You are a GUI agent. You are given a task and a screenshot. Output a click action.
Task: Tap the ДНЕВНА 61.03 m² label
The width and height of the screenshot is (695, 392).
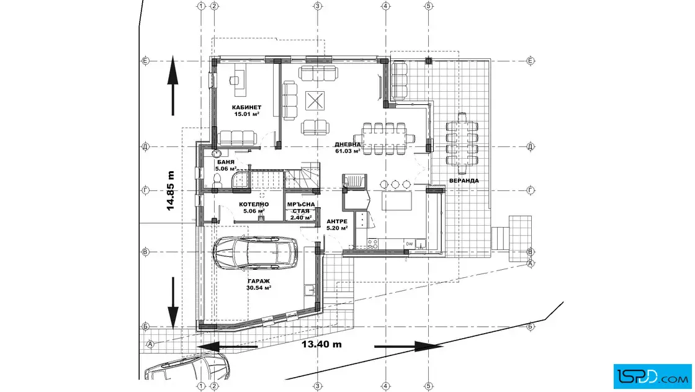[x=347, y=148]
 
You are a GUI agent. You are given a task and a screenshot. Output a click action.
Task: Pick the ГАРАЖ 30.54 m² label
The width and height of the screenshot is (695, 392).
[x=258, y=284]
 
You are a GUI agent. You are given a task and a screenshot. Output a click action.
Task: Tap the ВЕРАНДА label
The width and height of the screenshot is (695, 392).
[x=464, y=180]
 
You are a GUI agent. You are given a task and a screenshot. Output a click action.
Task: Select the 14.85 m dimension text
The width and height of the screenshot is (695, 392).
[x=171, y=190]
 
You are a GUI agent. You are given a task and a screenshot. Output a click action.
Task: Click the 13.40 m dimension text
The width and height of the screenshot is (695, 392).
[x=322, y=344]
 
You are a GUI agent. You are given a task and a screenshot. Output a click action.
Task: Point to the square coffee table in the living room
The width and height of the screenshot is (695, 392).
[x=315, y=100]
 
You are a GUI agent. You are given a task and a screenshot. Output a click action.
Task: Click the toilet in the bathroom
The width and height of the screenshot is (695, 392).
[x=217, y=181]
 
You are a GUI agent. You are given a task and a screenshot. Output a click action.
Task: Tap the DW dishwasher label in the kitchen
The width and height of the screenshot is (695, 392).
[x=409, y=244]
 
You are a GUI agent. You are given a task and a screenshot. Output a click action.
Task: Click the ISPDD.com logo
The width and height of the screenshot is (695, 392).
[x=652, y=376]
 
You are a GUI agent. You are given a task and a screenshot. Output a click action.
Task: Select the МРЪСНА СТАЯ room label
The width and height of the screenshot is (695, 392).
[x=301, y=211]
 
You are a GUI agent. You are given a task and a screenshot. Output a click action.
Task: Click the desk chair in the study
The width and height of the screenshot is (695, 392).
[x=234, y=80]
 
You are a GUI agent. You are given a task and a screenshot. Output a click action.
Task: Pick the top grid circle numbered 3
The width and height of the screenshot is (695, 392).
[x=317, y=6]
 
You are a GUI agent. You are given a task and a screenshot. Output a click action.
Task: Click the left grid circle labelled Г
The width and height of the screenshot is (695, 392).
[x=145, y=190]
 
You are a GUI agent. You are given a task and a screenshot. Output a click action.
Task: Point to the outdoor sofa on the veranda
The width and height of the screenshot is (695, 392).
[x=400, y=81]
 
